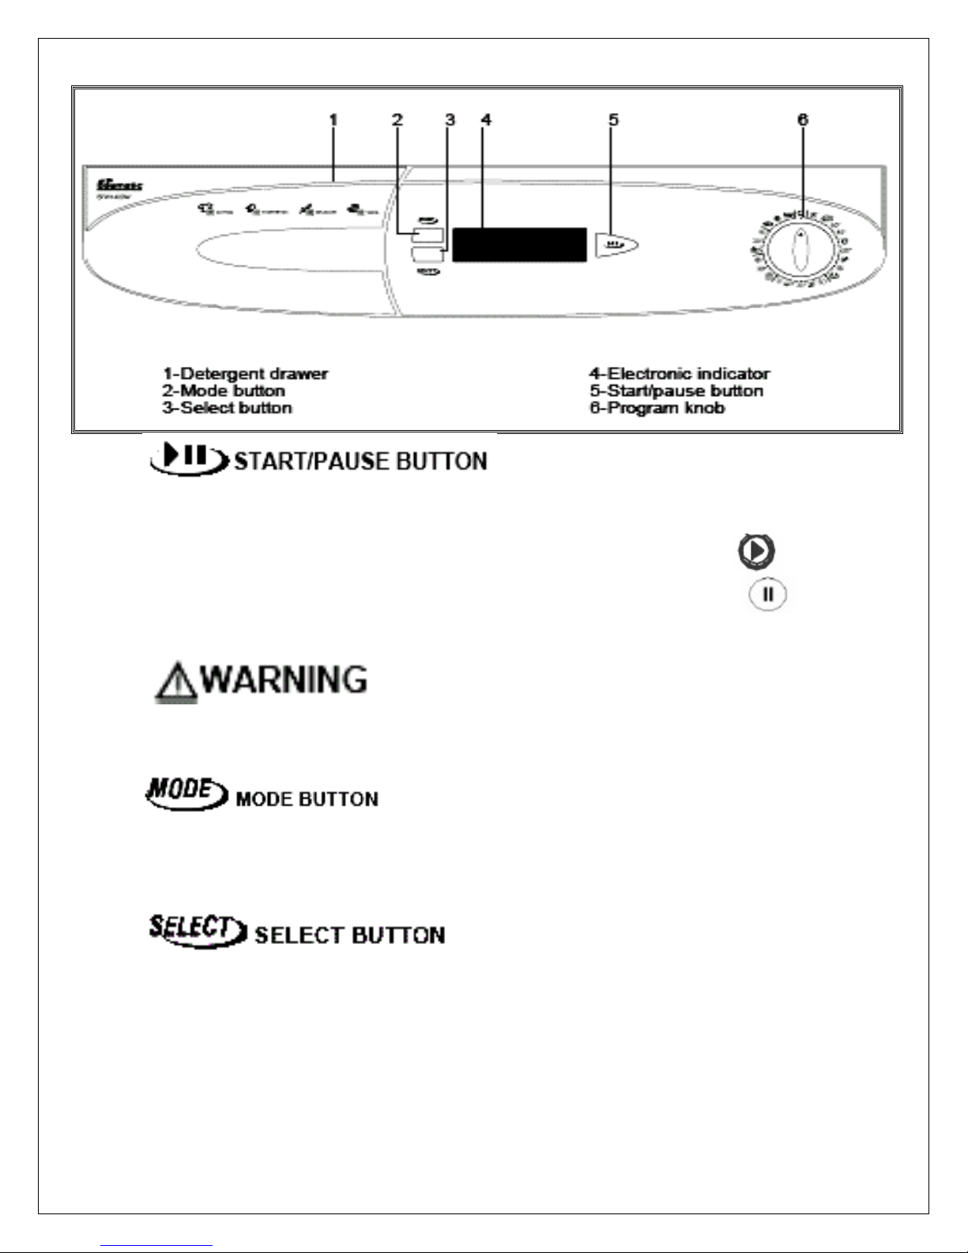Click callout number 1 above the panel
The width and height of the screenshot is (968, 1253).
(333, 120)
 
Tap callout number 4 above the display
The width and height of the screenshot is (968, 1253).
(486, 120)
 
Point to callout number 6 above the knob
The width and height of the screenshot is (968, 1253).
(803, 120)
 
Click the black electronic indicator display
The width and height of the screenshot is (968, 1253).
(519, 245)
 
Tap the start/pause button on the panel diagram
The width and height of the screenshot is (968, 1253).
(616, 245)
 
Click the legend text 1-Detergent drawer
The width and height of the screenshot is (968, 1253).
(246, 373)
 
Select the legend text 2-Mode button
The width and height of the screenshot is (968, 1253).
(224, 391)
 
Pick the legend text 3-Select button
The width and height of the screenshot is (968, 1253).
(228, 408)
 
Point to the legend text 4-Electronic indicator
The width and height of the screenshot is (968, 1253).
(680, 373)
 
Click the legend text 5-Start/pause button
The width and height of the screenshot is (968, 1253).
(676, 391)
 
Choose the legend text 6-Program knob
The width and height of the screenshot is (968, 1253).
(657, 408)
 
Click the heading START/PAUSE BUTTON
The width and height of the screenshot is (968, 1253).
(361, 462)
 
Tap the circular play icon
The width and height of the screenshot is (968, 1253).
(756, 551)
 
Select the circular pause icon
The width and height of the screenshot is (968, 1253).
(767, 594)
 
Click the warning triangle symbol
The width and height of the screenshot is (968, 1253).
(176, 683)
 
